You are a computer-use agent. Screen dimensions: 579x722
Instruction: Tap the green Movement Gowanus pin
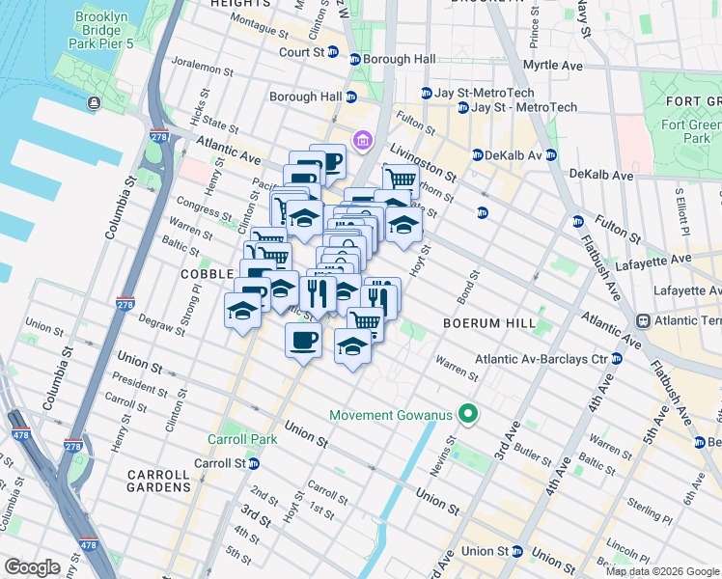(x=469, y=415)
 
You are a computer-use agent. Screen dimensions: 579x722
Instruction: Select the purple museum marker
(x=363, y=142)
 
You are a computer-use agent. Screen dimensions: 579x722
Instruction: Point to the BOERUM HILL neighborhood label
(x=484, y=322)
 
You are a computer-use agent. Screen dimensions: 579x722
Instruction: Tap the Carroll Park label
(x=242, y=439)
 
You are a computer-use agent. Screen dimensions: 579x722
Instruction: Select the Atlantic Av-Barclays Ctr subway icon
(x=618, y=359)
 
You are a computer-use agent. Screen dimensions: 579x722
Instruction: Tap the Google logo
(x=32, y=567)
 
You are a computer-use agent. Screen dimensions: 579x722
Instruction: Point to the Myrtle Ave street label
(x=552, y=66)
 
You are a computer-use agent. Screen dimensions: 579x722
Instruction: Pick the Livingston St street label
(x=423, y=161)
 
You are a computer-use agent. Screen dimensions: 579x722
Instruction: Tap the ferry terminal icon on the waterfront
(x=94, y=103)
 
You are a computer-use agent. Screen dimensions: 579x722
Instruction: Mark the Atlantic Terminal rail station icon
(x=642, y=320)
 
